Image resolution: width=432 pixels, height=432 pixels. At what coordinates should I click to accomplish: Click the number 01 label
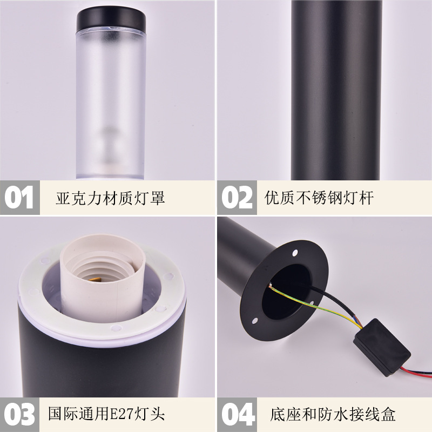[x=19, y=197]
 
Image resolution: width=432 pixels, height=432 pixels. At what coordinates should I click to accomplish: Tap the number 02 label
[x=237, y=197]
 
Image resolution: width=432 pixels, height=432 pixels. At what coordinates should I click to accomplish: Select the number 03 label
[x=19, y=414]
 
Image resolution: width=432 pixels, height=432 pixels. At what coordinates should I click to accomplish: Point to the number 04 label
[x=238, y=414]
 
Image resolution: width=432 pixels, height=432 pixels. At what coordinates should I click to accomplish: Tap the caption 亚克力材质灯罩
[x=110, y=198]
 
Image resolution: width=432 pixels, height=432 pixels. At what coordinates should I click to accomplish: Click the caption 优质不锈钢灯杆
[x=319, y=198]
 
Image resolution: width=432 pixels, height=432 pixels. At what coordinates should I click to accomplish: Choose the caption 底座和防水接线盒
[x=333, y=414]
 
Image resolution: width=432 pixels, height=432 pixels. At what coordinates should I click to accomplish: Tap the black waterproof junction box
[x=382, y=347]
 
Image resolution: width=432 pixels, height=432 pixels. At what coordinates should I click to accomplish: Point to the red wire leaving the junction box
[x=416, y=370]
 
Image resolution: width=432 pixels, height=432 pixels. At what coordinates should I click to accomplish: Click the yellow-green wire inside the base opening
[x=312, y=305]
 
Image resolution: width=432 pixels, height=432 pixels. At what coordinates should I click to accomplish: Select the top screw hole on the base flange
[x=295, y=252]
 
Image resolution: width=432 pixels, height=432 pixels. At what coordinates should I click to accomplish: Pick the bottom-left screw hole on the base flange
[x=255, y=321]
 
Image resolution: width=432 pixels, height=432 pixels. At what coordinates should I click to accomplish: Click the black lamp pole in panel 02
[x=336, y=90]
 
